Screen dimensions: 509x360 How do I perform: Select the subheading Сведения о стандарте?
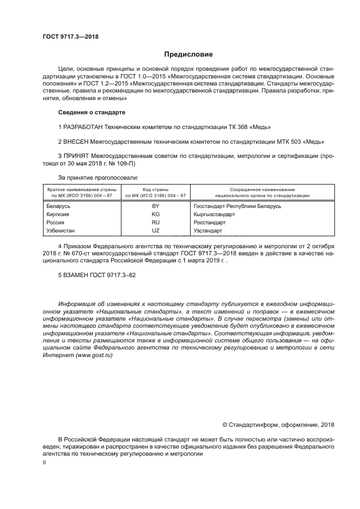click(91, 112)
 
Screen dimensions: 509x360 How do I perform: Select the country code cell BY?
click(155, 206)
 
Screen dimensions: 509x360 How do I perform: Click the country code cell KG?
click(155, 214)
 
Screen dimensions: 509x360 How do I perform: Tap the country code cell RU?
click(155, 223)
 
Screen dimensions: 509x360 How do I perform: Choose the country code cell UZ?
click(155, 231)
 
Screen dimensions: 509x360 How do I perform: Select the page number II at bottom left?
click(45, 462)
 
